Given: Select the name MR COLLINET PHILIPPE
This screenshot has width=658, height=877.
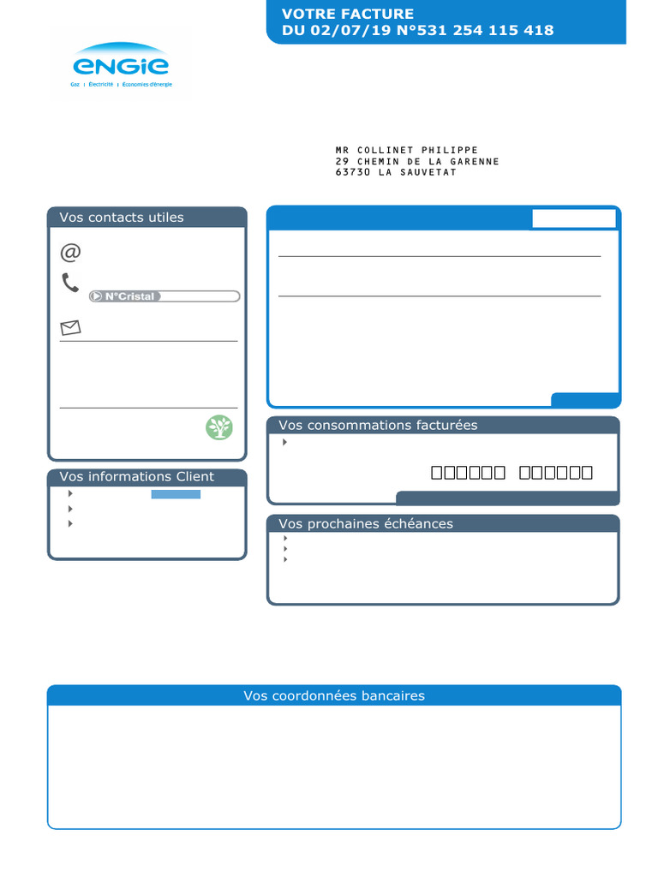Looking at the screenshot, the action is pyautogui.click(x=406, y=151).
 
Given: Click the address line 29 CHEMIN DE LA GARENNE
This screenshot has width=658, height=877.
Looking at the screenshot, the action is pyautogui.click(x=417, y=162).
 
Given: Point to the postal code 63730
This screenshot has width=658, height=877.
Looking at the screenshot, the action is pyautogui.click(x=352, y=172).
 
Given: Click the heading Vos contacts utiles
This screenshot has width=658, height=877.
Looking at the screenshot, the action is pyautogui.click(x=122, y=218).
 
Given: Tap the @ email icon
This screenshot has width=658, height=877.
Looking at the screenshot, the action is pyautogui.click(x=70, y=253).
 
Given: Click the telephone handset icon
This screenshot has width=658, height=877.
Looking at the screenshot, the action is pyautogui.click(x=70, y=283).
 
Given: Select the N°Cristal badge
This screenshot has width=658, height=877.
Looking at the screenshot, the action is pyautogui.click(x=125, y=296).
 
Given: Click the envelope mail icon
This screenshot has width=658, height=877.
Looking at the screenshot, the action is pyautogui.click(x=70, y=327).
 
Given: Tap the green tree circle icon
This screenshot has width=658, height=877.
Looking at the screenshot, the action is pyautogui.click(x=219, y=427).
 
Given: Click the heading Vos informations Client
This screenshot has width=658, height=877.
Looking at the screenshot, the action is pyautogui.click(x=137, y=477).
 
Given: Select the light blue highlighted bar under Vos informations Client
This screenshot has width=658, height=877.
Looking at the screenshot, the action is pyautogui.click(x=176, y=494).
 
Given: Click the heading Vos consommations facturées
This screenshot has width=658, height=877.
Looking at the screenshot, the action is pyautogui.click(x=378, y=426).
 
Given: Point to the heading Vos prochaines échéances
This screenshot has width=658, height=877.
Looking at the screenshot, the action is pyautogui.click(x=366, y=524).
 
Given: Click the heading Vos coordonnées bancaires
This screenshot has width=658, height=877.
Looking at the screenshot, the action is pyautogui.click(x=334, y=696).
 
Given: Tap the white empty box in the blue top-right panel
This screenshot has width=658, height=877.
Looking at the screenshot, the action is pyautogui.click(x=574, y=218).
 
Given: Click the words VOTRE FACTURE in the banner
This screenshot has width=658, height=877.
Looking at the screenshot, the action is pyautogui.click(x=348, y=14).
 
